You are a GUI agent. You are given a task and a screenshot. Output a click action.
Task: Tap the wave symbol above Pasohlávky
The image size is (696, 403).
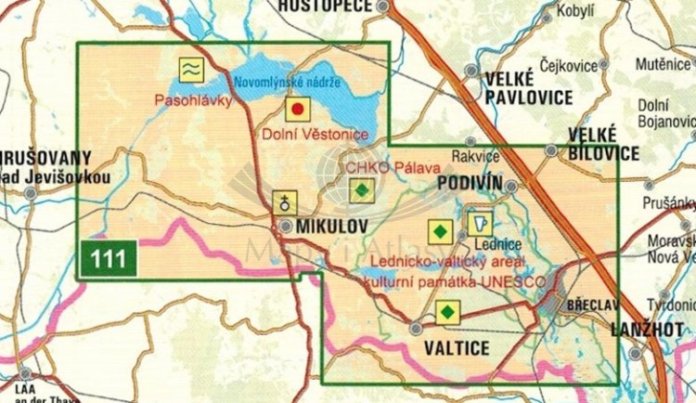[190, 69]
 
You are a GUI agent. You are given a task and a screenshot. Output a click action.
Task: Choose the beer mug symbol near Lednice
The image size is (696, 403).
[481, 223]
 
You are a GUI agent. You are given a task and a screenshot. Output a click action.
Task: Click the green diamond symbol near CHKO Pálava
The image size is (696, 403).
[361, 191]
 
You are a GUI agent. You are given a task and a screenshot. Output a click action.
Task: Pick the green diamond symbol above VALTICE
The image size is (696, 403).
[447, 313]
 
